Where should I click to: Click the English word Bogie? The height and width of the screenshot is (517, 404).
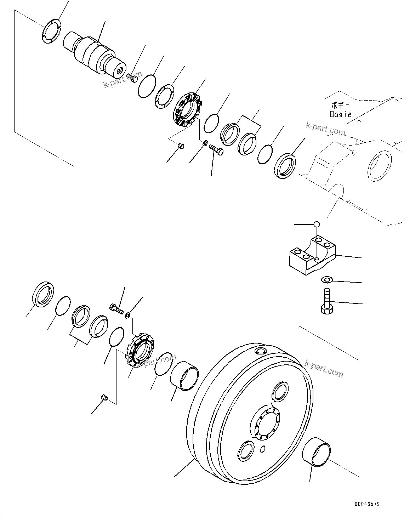click(x=341, y=114)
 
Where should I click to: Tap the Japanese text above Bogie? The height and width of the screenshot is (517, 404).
click(x=340, y=105)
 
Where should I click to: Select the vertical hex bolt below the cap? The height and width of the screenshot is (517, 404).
click(x=326, y=301)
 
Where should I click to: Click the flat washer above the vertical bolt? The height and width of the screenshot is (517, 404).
click(x=326, y=280)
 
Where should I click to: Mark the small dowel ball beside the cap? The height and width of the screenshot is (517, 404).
click(x=317, y=224)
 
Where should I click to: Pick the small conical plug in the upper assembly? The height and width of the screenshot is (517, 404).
click(x=181, y=146)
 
